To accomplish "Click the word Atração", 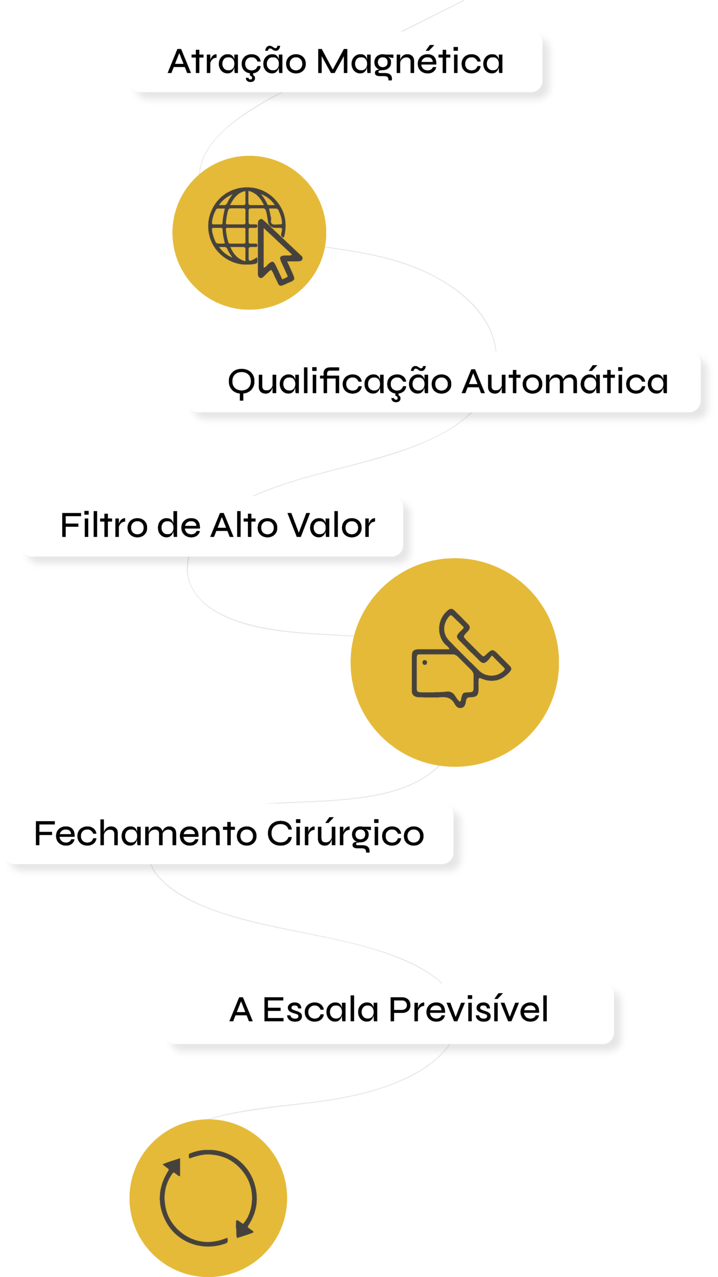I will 237,62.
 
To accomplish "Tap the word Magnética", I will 410,62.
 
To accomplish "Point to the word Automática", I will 565,383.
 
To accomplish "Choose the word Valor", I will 332,526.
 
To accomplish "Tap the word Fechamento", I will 145,834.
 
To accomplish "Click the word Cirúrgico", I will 346,834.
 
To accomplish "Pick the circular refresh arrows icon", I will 208,1198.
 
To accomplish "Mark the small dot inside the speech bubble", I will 425,662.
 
